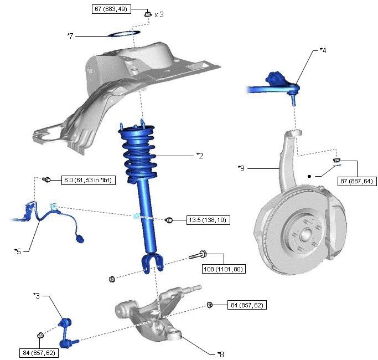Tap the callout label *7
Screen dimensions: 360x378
point(70,36)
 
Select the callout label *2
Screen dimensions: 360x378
point(200,156)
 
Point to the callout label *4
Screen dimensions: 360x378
point(323,50)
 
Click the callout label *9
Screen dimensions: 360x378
point(241,167)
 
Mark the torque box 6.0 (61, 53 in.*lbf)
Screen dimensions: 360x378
point(84,179)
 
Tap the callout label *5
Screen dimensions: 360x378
point(18,250)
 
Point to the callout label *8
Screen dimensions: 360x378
point(220,353)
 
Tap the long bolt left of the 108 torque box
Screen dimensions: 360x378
point(198,255)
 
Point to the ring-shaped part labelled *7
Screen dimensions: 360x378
point(123,34)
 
